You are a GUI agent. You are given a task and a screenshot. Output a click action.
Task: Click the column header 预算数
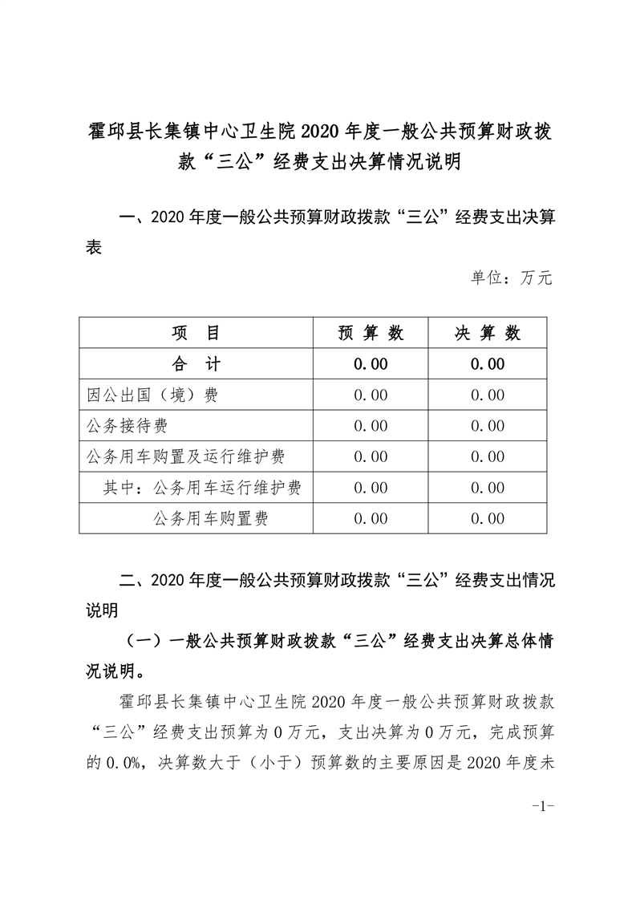coord(371,333)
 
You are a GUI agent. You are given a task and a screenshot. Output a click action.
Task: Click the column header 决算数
coord(488,333)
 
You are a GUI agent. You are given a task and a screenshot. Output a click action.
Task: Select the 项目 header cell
coord(196,333)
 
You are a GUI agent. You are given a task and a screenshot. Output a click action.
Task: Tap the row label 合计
coord(196,364)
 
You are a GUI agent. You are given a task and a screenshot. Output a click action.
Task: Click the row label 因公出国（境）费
coord(152,395)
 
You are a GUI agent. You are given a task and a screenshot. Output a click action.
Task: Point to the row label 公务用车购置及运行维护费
coord(185,457)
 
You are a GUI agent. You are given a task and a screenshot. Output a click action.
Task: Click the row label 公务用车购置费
coord(210,519)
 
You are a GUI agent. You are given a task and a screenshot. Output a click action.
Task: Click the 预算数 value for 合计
coord(371,364)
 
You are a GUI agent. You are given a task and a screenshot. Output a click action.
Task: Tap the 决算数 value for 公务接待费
coord(488,426)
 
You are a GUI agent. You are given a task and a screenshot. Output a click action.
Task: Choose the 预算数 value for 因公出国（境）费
coord(371,395)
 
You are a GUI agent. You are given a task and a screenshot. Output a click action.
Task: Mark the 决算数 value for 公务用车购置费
coord(488,519)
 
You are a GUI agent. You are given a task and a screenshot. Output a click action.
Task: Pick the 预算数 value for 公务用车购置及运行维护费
coord(371,457)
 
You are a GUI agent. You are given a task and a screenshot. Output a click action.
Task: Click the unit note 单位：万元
coord(511,278)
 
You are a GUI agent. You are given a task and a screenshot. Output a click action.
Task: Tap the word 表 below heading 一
coord(94,249)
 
